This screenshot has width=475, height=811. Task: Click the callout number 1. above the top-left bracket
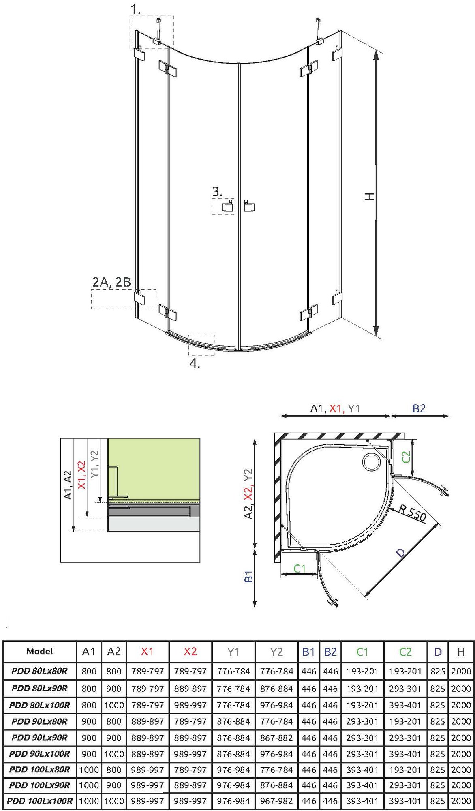136,9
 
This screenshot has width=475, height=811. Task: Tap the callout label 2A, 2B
111,282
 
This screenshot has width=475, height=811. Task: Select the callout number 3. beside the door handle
217,191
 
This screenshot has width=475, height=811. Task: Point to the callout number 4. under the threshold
195,364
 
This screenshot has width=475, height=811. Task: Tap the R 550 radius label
412,512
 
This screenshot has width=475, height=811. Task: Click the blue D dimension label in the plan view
400,552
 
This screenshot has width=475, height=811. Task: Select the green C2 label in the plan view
406,457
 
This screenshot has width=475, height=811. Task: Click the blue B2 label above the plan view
419,408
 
